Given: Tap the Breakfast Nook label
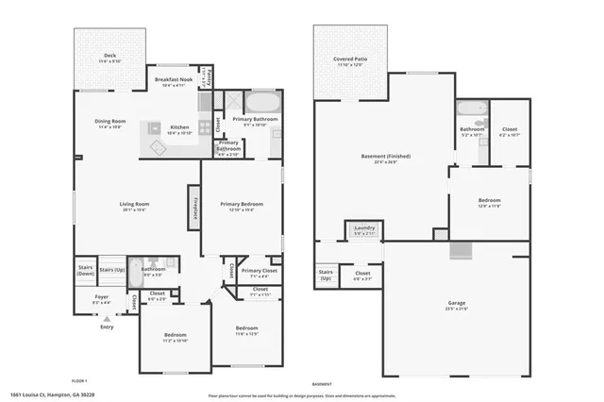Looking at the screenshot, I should tap(174, 81).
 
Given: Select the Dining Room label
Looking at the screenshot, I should tap(110, 121).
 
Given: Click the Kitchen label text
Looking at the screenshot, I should tap(179, 128).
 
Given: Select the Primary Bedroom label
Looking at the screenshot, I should tap(241, 205).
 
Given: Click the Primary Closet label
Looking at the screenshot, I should tap(258, 272).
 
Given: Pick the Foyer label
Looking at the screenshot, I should tap(102, 296).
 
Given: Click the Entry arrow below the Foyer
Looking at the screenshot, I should tap(107, 318).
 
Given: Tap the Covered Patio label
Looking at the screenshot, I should tap(349, 59).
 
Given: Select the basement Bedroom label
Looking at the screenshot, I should tap(489, 201).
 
